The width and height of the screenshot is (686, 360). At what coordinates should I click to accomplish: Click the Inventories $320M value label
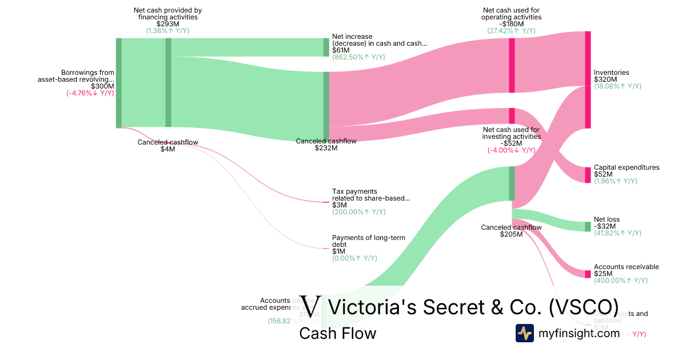[605, 79]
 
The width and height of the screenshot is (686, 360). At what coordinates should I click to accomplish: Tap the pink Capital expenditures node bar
[588, 175]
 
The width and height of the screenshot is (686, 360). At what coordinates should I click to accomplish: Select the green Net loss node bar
[588, 226]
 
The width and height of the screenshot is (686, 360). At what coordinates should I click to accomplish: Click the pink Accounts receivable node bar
[588, 274]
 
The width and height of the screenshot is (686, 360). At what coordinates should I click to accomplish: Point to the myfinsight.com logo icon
[525, 333]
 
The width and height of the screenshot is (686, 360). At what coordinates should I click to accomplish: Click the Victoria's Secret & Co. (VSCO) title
[473, 307]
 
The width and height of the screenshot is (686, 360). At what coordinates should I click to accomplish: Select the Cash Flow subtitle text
[338, 333]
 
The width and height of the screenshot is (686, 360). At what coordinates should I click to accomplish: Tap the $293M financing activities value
[167, 24]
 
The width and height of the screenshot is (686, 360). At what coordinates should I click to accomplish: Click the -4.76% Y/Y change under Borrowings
[90, 93]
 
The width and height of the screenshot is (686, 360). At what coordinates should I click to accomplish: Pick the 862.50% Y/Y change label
[358, 57]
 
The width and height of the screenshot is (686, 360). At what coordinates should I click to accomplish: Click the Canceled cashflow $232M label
[326, 145]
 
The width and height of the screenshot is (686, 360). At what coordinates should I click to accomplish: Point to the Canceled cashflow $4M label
[167, 146]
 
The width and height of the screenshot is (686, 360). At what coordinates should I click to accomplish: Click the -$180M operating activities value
[512, 24]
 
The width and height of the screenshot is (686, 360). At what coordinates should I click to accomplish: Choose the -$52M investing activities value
[512, 143]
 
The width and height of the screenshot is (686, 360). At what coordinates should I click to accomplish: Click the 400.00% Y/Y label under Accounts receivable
[621, 281]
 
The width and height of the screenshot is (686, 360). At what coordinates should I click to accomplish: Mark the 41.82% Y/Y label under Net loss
[618, 233]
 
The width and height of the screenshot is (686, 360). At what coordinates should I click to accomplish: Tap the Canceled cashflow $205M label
[511, 230]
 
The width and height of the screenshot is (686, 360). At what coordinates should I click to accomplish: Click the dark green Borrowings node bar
[119, 83]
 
